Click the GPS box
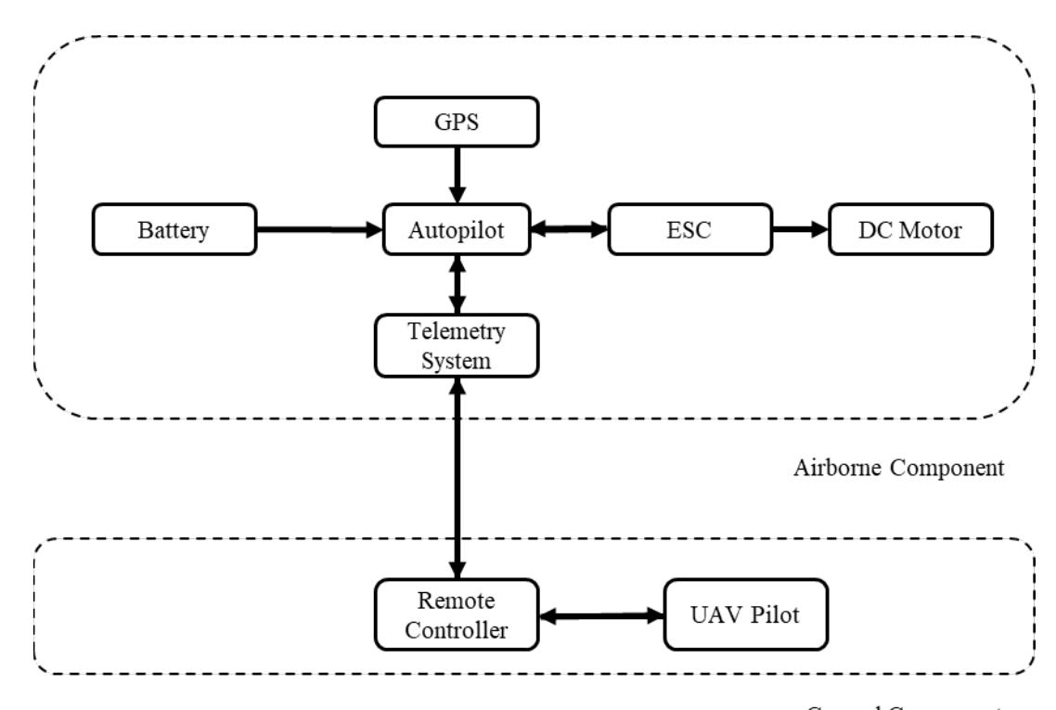tap(456, 122)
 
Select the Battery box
tap(175, 229)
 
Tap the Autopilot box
tap(456, 229)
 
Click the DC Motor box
tap(910, 229)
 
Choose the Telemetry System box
tap(456, 345)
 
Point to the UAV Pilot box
tap(745, 616)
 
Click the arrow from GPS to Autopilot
tap(456, 175)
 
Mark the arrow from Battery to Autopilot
tap(320, 228)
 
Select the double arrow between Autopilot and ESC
tap(568, 228)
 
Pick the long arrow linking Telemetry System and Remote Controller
tap(456, 477)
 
